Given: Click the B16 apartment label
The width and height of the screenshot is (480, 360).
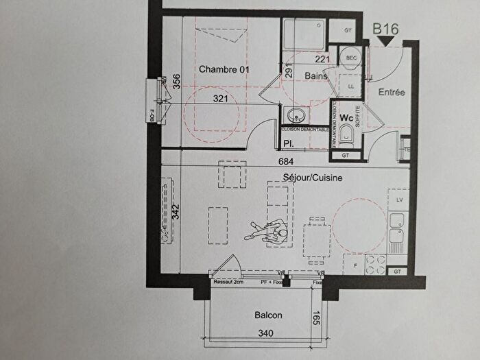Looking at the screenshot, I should pos(385,29).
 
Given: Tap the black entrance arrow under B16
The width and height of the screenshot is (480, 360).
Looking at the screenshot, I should pos(388,42).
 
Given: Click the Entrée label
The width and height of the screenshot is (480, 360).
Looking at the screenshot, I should pos(392,92).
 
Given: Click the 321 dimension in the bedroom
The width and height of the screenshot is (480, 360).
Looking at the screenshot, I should pos(220,99).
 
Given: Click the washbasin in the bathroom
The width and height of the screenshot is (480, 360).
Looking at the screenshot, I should pos(296,115).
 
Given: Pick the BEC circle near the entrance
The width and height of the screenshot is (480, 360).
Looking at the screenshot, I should pos(352,58).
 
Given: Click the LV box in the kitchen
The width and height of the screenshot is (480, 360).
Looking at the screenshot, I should pos(398,200).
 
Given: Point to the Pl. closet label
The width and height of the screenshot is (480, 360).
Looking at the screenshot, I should pos(289,143).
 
